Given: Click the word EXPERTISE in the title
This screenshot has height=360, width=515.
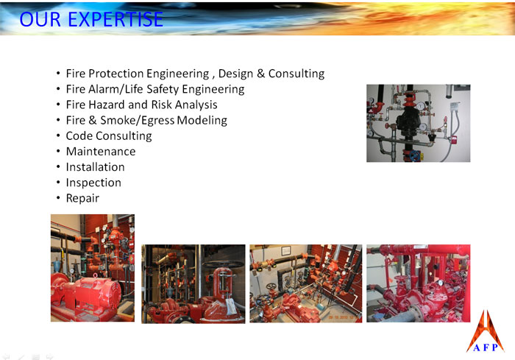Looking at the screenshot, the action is (x=116, y=19).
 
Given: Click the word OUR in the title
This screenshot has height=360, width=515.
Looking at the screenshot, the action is (x=40, y=19).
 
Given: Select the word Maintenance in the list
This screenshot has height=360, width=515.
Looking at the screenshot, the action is (x=101, y=152).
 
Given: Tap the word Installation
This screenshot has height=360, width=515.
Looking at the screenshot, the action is (x=95, y=167).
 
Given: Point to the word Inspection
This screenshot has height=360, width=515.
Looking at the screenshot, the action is (x=93, y=183).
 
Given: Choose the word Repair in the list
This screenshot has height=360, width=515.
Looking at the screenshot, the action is (x=82, y=198).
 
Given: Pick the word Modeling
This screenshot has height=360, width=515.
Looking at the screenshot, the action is (x=202, y=120).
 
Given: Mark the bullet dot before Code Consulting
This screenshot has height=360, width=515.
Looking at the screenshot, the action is (x=58, y=135).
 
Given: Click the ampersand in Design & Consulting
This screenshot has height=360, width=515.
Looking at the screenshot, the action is (x=260, y=74).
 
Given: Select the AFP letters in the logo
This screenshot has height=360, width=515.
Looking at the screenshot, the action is (x=485, y=347).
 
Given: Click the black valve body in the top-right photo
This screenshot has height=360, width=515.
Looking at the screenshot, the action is (x=407, y=120).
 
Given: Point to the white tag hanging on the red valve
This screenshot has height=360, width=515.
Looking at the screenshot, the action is (x=230, y=306).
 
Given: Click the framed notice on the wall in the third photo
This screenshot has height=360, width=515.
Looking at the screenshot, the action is (x=285, y=251).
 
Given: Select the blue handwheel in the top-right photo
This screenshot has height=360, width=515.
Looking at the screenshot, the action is (x=416, y=155).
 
